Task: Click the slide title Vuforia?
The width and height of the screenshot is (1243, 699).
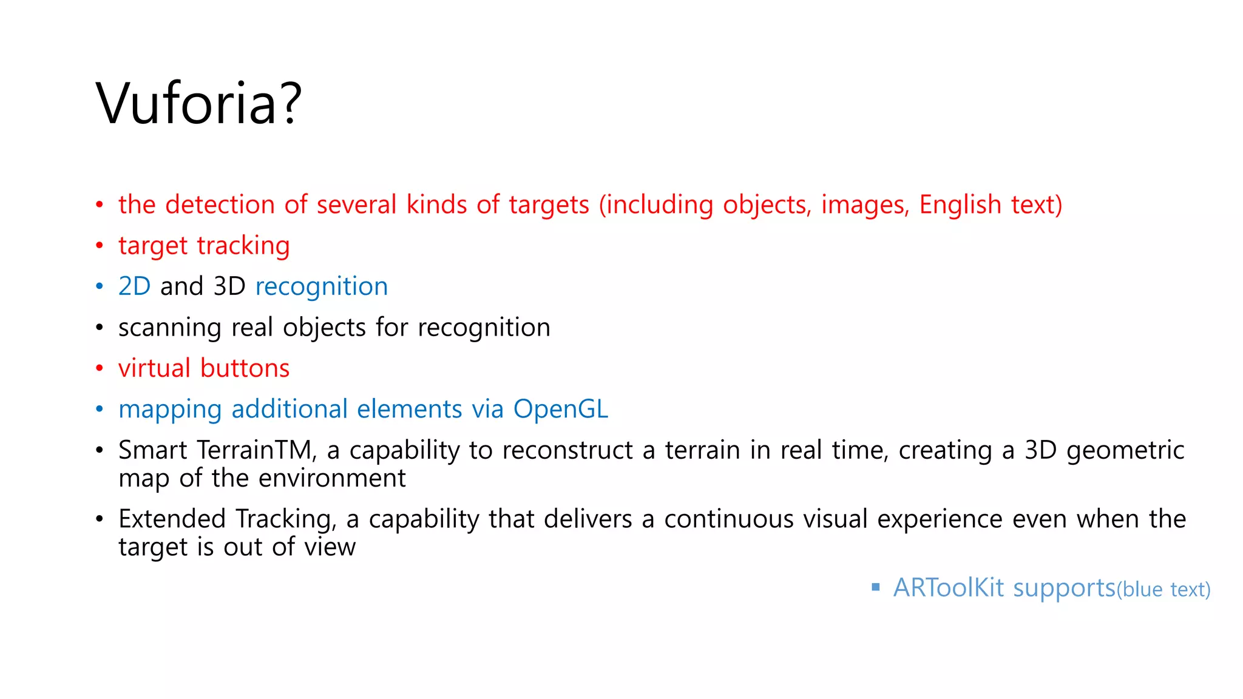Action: (x=198, y=104)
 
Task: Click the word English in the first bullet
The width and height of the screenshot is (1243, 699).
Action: (x=960, y=205)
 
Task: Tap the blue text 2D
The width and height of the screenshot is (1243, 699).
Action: (x=134, y=286)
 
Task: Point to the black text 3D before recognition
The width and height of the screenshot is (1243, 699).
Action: (x=229, y=286)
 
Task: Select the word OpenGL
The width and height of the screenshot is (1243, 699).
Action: (x=560, y=410)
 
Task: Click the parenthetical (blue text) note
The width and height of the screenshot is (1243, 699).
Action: (x=1163, y=590)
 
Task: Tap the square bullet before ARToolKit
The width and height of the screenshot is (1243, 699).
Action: (x=875, y=587)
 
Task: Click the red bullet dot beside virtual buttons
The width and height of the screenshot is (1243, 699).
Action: (x=100, y=368)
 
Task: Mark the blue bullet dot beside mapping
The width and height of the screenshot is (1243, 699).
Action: (x=100, y=410)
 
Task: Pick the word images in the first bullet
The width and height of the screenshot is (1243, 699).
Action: (x=865, y=205)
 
